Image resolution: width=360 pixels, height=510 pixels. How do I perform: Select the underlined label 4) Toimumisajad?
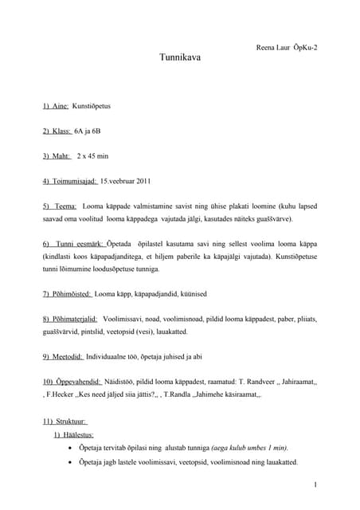70,181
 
